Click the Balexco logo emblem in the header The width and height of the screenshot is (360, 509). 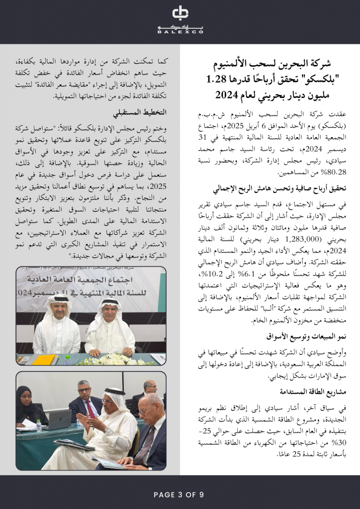click(x=180, y=13)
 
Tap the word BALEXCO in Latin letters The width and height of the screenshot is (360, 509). click(x=180, y=32)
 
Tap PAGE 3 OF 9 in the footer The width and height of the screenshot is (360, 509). click(x=180, y=495)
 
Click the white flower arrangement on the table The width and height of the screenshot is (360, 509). click(x=115, y=359)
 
